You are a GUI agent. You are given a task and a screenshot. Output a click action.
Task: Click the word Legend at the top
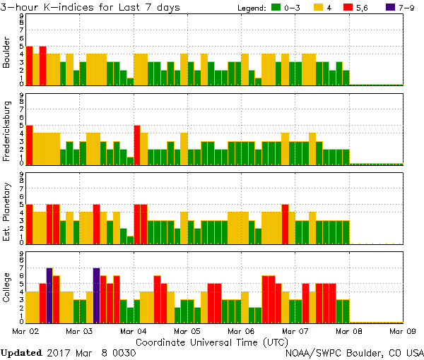coord(247,8)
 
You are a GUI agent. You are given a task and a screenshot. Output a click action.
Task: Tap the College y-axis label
coord(7,288)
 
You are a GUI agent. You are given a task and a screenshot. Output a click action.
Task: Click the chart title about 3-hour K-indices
coord(90,8)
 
